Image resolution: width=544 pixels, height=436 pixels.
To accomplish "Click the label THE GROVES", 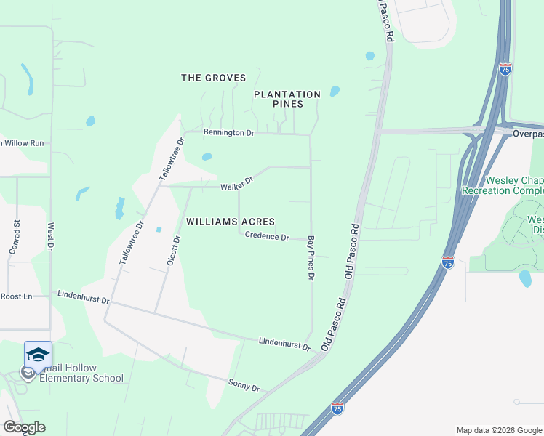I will [x=213, y=78].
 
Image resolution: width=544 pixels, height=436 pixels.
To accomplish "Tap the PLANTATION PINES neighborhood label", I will [x=287, y=100].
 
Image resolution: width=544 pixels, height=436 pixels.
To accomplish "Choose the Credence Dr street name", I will [x=267, y=236].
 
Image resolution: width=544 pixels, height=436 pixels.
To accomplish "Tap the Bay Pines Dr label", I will [x=311, y=258].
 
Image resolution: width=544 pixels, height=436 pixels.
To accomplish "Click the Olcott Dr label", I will [x=173, y=249].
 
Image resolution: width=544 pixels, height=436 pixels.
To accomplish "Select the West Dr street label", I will [x=50, y=238].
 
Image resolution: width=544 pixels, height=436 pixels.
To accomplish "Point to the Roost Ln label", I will [x=16, y=296].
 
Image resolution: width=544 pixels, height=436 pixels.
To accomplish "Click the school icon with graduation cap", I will [x=38, y=354].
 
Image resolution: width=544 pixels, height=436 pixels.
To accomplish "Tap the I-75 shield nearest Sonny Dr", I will [x=337, y=409].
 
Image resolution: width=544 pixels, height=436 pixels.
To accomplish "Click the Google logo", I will [x=24, y=427].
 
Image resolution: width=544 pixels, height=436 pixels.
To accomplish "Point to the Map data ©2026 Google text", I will [x=499, y=430].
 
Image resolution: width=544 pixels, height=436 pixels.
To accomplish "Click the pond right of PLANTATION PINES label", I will [x=335, y=92].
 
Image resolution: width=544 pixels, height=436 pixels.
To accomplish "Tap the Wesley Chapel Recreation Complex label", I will [x=513, y=185].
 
